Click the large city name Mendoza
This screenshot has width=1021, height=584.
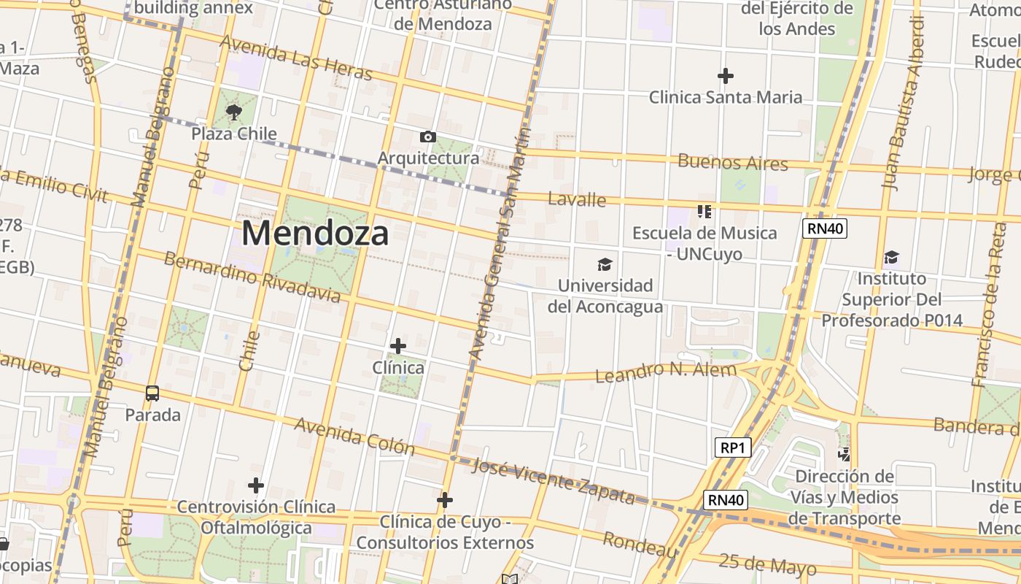[315, 234]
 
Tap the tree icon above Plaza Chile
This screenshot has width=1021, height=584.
[233, 112]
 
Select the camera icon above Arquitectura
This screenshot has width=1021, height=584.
[428, 137]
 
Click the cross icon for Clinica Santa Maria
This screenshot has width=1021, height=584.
[725, 75]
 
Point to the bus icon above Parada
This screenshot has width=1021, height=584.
[152, 393]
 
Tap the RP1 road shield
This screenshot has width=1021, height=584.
[732, 447]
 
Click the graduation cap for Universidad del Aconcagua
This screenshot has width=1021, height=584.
[605, 264]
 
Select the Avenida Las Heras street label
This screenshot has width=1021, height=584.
[295, 58]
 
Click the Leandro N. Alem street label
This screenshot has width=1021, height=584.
[667, 372]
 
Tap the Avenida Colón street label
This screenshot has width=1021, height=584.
[354, 436]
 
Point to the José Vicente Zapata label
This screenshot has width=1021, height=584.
[554, 482]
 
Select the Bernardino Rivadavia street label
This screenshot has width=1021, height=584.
[252, 277]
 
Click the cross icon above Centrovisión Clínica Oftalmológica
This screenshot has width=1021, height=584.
[256, 485]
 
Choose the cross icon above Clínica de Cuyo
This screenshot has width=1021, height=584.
[445, 500]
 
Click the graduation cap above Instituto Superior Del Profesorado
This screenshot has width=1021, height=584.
[891, 257]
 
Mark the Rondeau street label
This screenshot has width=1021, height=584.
[640, 544]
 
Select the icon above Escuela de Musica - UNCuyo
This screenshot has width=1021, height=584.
[704, 212]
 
